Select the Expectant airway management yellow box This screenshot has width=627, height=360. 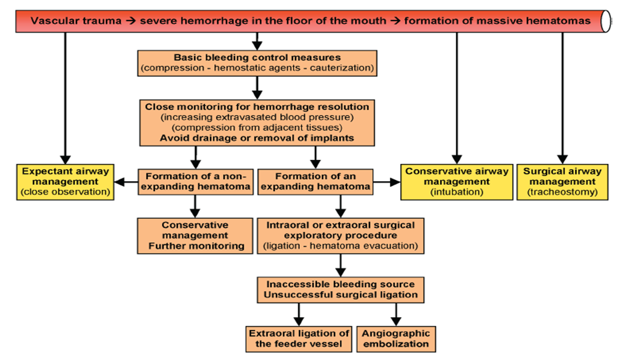[x=65, y=182]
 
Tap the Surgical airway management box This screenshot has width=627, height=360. [x=562, y=182]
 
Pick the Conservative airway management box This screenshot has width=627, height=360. [x=456, y=182]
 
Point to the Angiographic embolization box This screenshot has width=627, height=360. [x=396, y=338]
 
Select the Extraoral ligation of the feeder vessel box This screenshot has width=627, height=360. [x=298, y=338]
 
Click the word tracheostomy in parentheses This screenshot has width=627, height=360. [x=562, y=192]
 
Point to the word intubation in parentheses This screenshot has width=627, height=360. [x=456, y=192]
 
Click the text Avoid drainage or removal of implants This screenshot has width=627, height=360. [x=257, y=138]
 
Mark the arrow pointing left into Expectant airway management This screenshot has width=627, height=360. [x=126, y=182]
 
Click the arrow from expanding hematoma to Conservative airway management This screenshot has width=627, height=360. [x=386, y=182]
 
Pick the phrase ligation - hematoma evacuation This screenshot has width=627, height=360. [x=340, y=246]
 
